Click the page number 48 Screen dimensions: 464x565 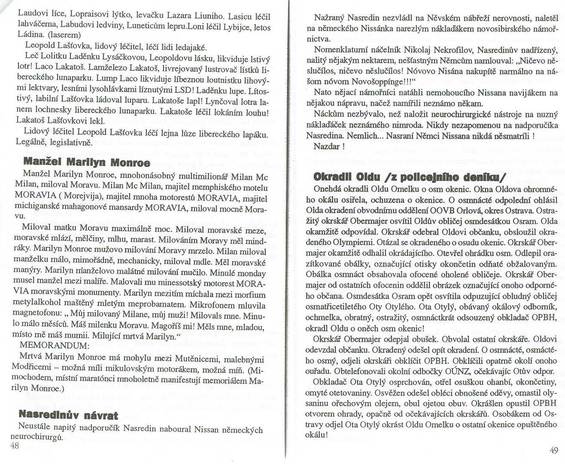[15, 446]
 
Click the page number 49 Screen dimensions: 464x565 [554, 450]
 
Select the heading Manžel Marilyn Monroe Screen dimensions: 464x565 [87, 162]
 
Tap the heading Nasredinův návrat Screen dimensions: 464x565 [68, 415]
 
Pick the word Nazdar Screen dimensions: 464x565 [327, 146]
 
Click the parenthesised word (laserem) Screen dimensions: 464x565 [64, 35]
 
